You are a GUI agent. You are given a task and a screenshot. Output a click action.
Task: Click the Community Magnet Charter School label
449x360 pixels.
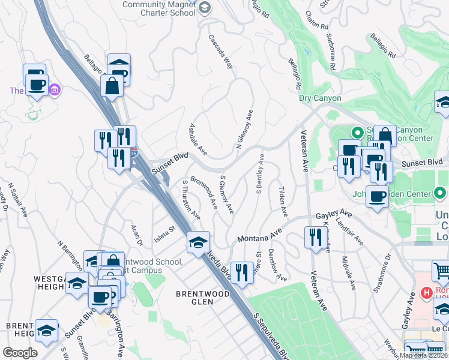pyautogui.click(x=158, y=8)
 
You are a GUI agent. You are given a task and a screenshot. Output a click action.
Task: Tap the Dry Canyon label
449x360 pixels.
pyautogui.click(x=320, y=98)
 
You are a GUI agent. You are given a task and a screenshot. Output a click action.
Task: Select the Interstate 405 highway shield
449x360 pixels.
pyautogui.click(x=134, y=155)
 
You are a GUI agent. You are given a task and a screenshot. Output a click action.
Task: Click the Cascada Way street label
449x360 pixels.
pyautogui.click(x=221, y=51)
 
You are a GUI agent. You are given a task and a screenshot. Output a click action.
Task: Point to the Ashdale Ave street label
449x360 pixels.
pyautogui.click(x=198, y=139)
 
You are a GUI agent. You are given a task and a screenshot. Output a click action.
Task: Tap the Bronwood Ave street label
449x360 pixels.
pyautogui.click(x=204, y=191)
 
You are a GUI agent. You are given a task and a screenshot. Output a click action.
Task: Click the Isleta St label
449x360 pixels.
pyautogui.click(x=163, y=233)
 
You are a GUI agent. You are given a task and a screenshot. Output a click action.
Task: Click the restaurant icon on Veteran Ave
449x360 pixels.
pyautogui.click(x=313, y=237)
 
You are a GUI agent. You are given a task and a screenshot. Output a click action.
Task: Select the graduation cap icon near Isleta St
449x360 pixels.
pyautogui.click(x=198, y=242)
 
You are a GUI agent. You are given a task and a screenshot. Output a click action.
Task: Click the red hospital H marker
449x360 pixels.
pyautogui.click(x=427, y=293)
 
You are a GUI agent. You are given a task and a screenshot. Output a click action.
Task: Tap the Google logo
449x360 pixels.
pyautogui.click(x=20, y=353)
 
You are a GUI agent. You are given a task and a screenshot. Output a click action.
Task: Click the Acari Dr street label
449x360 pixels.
pyautogui.click(x=136, y=235)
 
